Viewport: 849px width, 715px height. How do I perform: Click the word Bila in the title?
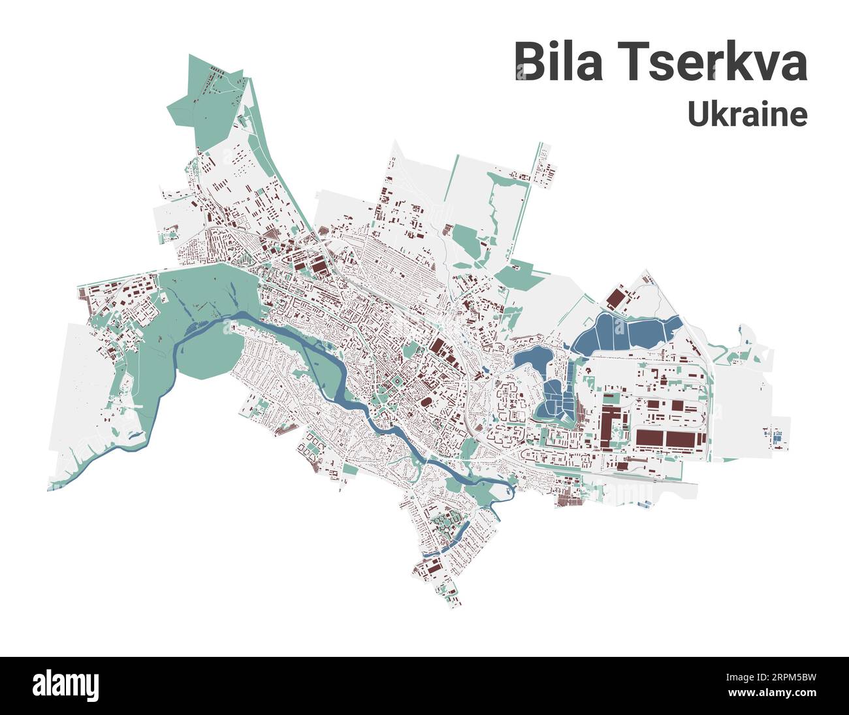(559, 62)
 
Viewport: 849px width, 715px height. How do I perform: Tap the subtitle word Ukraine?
(747, 114)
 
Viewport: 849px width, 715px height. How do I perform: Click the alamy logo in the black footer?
(65, 686)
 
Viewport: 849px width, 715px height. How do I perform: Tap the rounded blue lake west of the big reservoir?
(531, 358)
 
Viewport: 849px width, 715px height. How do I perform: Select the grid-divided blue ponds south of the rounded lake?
(554, 398)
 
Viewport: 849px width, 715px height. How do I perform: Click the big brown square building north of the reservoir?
(615, 299)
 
